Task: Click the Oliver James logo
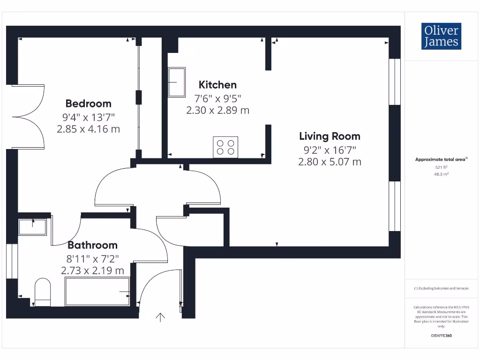coord(441,36)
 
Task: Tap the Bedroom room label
coord(88,104)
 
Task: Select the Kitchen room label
coord(217,85)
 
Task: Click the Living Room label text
coord(330,136)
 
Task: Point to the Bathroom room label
coord(92,245)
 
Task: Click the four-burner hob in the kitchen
coord(225,147)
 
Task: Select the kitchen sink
coord(177,82)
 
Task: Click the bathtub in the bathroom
coord(97,292)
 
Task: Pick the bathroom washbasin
coord(32,227)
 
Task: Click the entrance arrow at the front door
coord(160,317)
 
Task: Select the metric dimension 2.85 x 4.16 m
coord(88,129)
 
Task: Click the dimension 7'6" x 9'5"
coord(217,98)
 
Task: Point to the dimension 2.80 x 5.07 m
coord(330,162)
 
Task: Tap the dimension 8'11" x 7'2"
coord(92,258)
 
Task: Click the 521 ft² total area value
coord(441,167)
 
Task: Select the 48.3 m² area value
coord(441,174)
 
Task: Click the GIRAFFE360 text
coord(441,336)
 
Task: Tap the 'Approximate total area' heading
coord(441,160)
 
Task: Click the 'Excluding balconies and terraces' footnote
coord(441,289)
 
